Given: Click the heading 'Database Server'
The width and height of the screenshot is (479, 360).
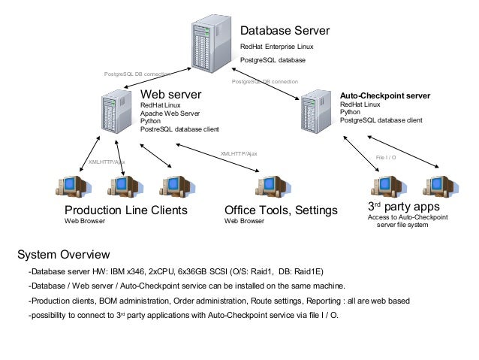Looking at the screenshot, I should click(x=284, y=32).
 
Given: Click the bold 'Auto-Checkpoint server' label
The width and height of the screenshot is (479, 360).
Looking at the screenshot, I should click(x=384, y=96).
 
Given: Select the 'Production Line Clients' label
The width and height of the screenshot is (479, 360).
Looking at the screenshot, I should click(x=125, y=210).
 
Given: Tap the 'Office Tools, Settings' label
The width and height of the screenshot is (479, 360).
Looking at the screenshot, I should click(x=281, y=210).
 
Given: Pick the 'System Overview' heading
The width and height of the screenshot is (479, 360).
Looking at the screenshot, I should click(x=63, y=254).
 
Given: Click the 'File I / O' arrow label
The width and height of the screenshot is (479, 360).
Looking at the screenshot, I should click(x=385, y=158).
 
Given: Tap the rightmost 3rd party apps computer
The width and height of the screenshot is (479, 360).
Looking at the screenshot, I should click(x=436, y=185).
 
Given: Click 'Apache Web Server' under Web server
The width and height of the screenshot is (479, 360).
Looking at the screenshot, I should click(x=170, y=113).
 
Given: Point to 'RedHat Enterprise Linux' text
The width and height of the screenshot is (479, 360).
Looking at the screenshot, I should click(x=276, y=47).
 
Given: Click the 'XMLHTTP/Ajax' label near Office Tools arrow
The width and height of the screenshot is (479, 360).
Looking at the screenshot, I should click(x=238, y=153).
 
